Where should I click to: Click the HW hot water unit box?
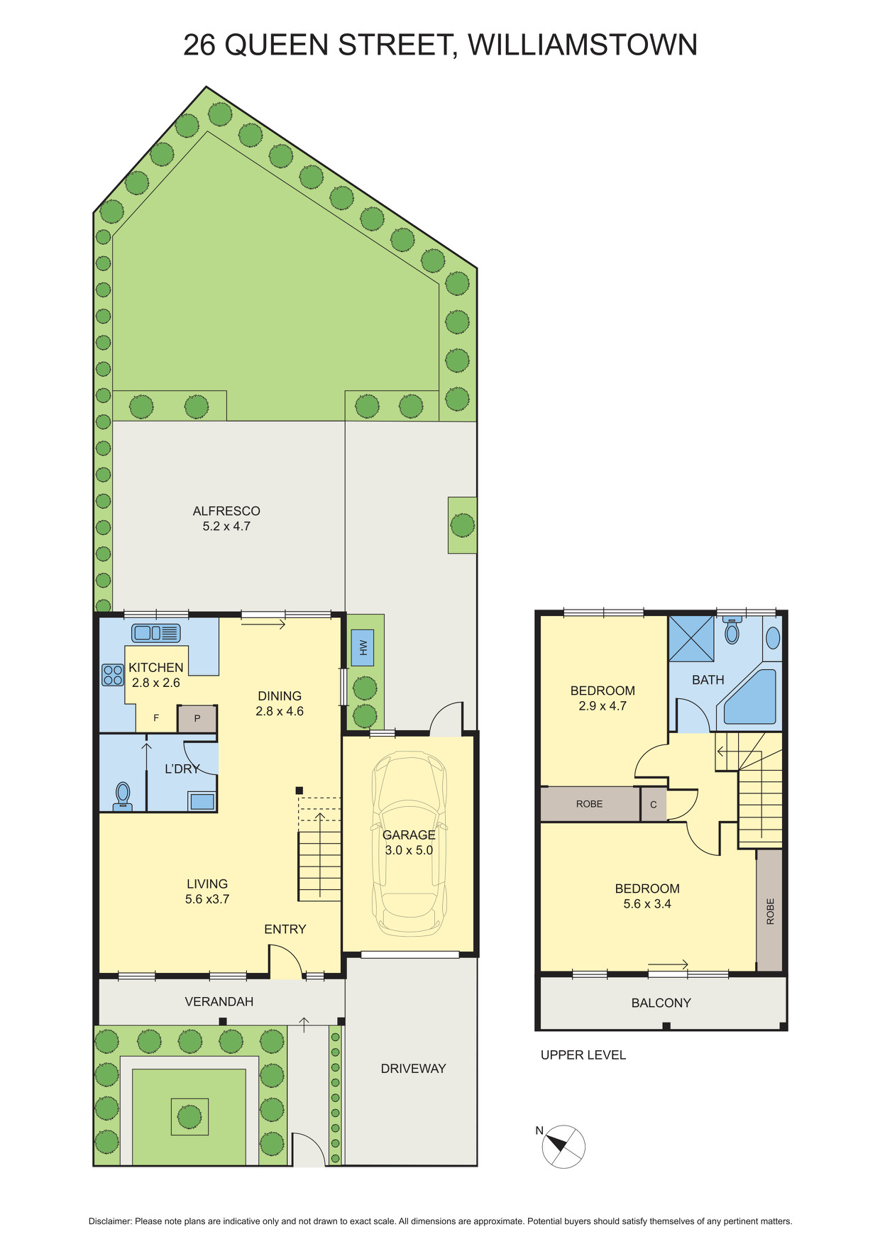point(363,647)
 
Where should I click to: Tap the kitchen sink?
point(155,633)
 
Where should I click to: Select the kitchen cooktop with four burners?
point(113,675)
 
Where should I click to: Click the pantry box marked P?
point(197,719)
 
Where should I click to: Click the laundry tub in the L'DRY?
point(202,801)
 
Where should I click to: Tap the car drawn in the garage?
point(409,844)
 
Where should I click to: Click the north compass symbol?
point(563,1146)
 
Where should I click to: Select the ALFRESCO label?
point(226,511)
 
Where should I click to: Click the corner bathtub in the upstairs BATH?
point(752,698)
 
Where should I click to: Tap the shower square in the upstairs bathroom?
point(691,639)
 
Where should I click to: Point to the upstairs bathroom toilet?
point(732,630)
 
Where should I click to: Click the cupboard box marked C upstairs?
point(654,805)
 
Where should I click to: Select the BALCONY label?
point(661,1003)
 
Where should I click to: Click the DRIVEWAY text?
point(413,1068)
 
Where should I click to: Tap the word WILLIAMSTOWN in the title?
point(582,45)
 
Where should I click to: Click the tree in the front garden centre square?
point(189,1116)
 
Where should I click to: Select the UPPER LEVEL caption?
point(583,1055)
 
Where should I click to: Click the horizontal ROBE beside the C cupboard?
point(589,804)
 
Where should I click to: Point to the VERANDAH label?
point(219,1001)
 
